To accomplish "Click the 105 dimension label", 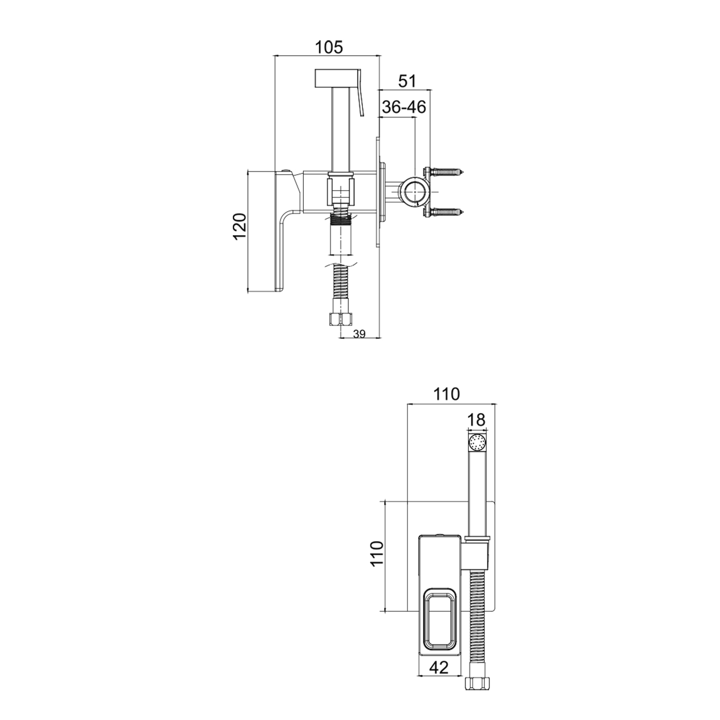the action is point(329,48).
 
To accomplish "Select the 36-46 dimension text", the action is point(404,107).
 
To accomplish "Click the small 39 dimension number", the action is point(360,335).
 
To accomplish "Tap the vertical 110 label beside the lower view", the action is point(377,554).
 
